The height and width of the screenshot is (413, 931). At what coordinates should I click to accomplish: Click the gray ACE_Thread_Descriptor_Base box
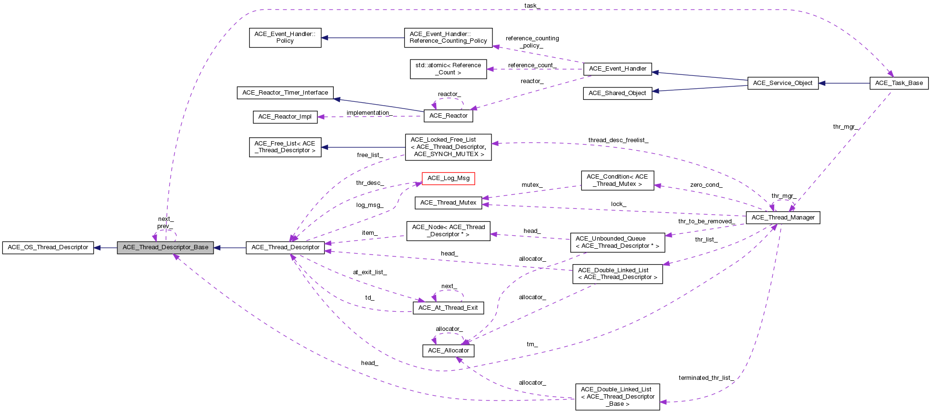165,247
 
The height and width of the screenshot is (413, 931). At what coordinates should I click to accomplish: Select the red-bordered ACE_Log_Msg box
448,178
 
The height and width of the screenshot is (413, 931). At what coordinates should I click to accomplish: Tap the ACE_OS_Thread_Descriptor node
48,247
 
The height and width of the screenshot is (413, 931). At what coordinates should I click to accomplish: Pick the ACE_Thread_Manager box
782,218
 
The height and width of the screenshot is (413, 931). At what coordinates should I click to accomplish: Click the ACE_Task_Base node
899,83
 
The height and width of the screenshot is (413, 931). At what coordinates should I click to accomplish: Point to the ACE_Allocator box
448,351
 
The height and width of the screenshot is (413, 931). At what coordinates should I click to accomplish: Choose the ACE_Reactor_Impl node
285,117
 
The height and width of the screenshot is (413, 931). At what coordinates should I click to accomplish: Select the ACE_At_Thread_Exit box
448,308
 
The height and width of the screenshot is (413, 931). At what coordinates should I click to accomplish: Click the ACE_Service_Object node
782,83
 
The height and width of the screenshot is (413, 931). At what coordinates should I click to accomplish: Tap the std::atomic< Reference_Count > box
448,69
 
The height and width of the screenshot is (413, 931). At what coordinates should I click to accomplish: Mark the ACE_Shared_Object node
617,93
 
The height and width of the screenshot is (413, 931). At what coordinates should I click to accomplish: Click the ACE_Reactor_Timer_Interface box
285,93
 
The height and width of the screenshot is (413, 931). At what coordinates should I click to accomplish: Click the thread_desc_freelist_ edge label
618,140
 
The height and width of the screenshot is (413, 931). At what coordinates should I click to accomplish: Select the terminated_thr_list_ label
706,378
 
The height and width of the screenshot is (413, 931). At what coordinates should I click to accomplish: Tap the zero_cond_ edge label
706,185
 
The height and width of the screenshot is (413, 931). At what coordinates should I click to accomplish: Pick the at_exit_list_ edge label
370,272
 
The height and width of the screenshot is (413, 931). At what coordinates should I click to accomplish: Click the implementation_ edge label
369,113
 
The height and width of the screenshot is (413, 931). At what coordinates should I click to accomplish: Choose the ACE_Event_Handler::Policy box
285,37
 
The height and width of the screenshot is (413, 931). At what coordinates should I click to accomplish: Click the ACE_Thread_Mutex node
448,203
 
